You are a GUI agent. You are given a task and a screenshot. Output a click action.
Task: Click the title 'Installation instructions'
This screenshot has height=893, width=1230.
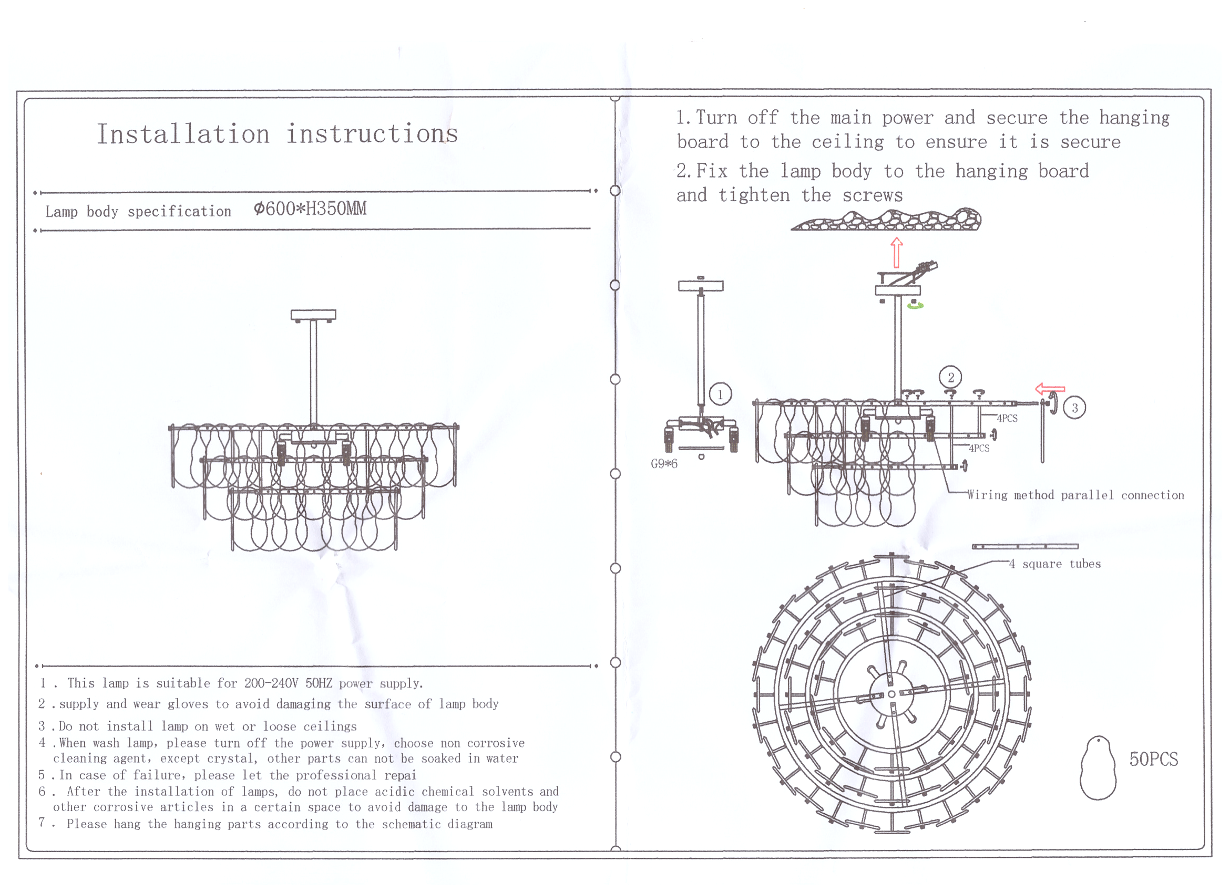coord(277,134)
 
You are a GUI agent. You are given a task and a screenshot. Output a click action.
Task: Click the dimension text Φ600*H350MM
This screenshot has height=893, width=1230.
coord(310,209)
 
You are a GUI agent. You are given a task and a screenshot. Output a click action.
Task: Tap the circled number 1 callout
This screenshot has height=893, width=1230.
coord(720,394)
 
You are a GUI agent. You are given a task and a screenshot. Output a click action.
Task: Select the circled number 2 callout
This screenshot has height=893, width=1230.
coord(950,377)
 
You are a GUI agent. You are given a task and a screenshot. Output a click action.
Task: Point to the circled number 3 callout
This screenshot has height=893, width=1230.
coord(1074,408)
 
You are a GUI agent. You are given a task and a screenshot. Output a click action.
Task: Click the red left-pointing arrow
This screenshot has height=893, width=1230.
coord(1050,389)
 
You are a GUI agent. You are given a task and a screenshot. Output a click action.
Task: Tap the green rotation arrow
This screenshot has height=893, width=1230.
coord(916,306)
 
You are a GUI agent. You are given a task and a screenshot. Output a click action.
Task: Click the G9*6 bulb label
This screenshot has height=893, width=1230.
coord(664,464)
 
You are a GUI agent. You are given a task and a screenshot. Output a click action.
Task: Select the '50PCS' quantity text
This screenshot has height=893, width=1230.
coord(1154,759)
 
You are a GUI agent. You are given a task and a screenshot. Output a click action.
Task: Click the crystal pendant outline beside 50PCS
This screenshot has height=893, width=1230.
coord(1098,768)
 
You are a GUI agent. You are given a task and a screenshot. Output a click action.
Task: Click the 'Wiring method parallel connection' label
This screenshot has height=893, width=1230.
coord(1076,495)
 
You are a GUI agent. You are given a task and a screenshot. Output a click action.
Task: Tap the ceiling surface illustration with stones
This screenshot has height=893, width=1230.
coord(886,220)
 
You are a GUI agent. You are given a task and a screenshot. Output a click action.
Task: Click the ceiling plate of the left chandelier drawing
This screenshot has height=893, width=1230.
coord(313,315)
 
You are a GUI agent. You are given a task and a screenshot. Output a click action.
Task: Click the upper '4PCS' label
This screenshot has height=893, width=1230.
coord(1007,418)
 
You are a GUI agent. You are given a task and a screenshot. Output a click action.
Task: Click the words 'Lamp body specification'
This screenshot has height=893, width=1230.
coord(138,211)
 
